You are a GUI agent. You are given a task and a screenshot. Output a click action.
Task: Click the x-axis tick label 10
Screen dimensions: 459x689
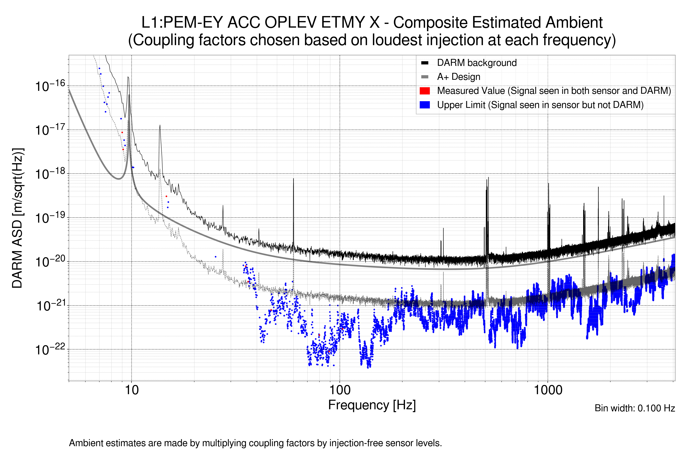click(x=131, y=390)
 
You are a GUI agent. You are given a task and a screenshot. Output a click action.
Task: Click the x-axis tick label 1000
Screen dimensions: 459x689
click(x=548, y=390)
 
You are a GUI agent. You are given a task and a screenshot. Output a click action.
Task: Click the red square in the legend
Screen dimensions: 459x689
click(x=425, y=91)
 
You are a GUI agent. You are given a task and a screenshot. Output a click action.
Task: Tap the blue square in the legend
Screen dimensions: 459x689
click(x=425, y=105)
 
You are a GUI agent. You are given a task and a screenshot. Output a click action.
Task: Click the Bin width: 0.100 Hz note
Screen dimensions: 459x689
click(x=634, y=408)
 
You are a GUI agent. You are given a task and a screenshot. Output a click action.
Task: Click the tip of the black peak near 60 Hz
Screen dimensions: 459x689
click(x=293, y=179)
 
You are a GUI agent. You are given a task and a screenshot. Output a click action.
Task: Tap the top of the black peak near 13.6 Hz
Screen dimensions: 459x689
click(x=160, y=125)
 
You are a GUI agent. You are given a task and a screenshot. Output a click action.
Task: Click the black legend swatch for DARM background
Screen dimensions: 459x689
click(x=425, y=63)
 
